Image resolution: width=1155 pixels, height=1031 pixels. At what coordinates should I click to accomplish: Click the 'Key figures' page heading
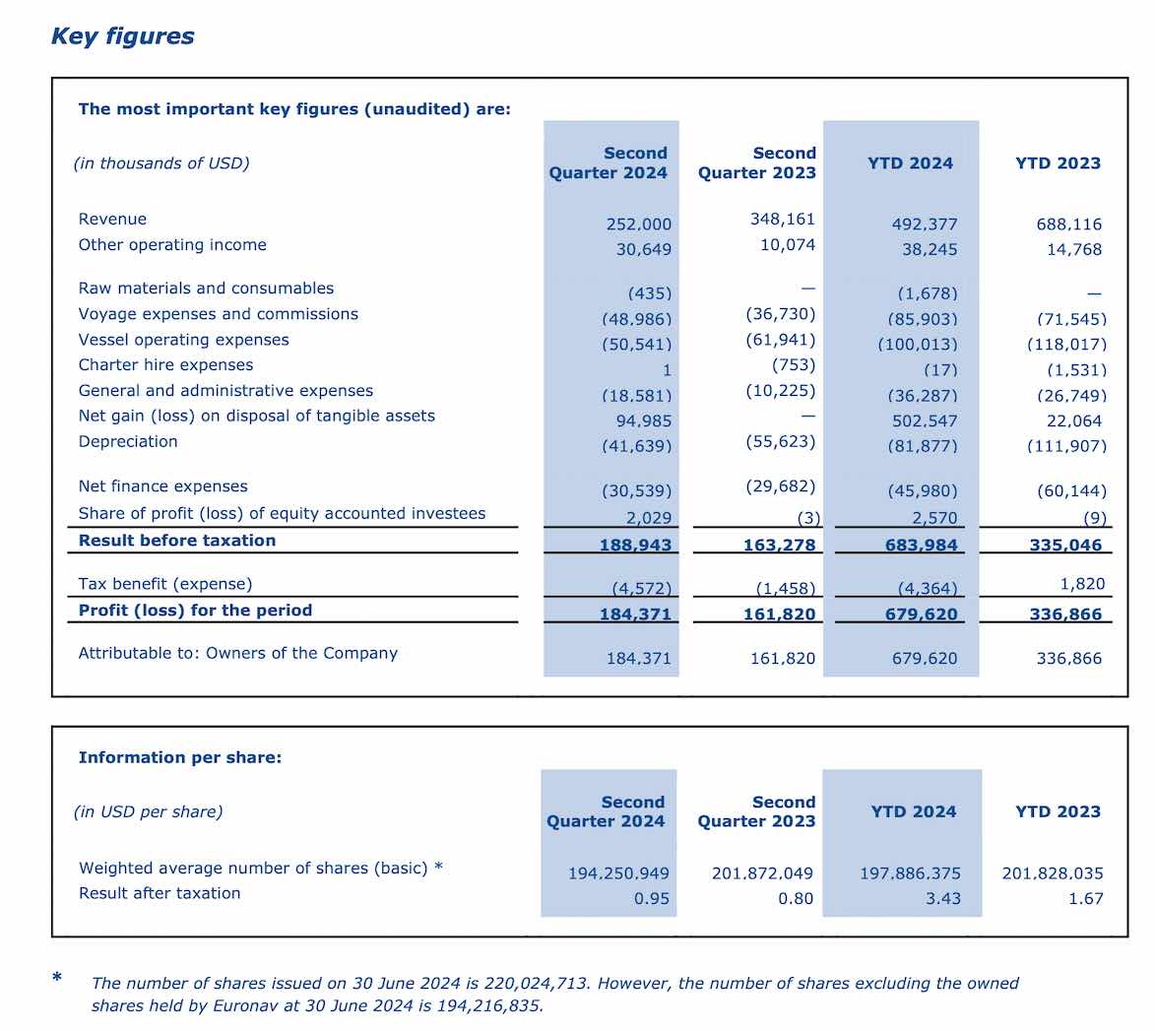pos(122,36)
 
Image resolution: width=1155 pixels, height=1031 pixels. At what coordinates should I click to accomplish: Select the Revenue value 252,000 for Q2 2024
pos(639,224)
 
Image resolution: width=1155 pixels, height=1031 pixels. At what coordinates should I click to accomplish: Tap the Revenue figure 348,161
pos(782,219)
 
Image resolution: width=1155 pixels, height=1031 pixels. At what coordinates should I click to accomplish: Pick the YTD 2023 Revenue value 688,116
pos(1068,224)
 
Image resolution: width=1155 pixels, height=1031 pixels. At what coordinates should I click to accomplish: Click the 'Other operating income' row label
pos(172,244)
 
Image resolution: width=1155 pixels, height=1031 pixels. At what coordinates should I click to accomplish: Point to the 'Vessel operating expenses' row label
pos(183,340)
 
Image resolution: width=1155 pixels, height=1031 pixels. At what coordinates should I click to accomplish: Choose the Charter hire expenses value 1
pos(667,369)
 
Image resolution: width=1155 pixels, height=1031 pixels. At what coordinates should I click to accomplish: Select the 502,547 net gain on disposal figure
pos(925,420)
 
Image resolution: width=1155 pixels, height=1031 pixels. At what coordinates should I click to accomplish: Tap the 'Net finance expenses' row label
pos(162,486)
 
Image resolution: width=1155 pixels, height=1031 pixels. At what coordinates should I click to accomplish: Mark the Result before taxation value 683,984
pos(922,545)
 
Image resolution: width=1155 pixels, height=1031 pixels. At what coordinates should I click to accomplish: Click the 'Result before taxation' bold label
pos(177,541)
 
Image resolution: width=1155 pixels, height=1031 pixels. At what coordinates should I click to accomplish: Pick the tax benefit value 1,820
pos(1083,584)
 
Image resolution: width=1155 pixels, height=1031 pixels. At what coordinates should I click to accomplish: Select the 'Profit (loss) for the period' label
pos(195,611)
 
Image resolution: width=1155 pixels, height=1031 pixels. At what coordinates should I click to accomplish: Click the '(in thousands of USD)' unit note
pos(161,162)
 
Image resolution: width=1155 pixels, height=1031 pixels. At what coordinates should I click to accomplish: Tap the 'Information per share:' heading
pos(180,757)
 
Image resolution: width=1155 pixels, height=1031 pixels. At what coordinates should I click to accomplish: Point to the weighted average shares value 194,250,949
pos(618,873)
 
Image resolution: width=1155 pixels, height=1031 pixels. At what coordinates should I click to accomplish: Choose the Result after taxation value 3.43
pos(943,898)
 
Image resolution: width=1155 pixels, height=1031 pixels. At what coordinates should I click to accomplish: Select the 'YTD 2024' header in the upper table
pos(910,162)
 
